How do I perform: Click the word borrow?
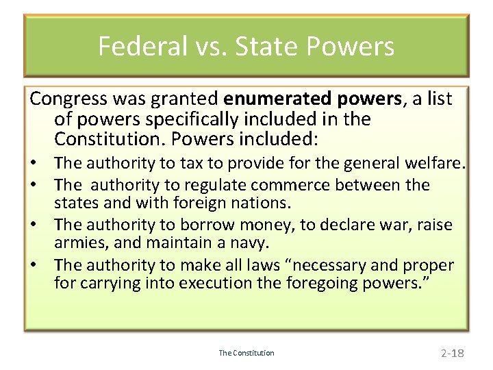[x=207, y=225]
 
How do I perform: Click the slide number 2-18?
[x=452, y=354]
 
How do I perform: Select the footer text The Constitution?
[x=246, y=353]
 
